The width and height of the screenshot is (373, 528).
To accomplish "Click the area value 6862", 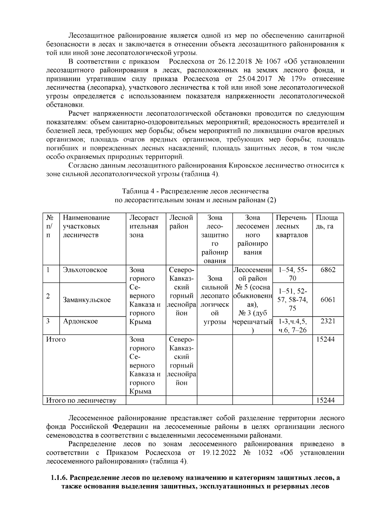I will [328, 270].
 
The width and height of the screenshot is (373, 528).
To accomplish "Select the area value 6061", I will [328, 300].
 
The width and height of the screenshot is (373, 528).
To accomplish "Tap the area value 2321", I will [328, 321].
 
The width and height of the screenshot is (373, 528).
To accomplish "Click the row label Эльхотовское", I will [85, 270].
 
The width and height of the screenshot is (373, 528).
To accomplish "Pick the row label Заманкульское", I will [87, 300].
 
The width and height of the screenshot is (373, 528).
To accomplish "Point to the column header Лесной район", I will [181, 222].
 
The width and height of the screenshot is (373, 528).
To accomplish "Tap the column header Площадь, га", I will [327, 222].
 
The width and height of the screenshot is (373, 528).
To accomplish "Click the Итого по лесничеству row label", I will [81, 400].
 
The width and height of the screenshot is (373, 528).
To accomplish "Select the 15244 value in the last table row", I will [325, 400].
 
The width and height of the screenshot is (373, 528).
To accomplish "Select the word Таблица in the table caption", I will [133, 191].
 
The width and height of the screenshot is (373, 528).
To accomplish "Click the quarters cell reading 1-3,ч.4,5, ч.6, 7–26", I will [292, 325].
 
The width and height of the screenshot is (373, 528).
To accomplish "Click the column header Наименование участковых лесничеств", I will [86, 226].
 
